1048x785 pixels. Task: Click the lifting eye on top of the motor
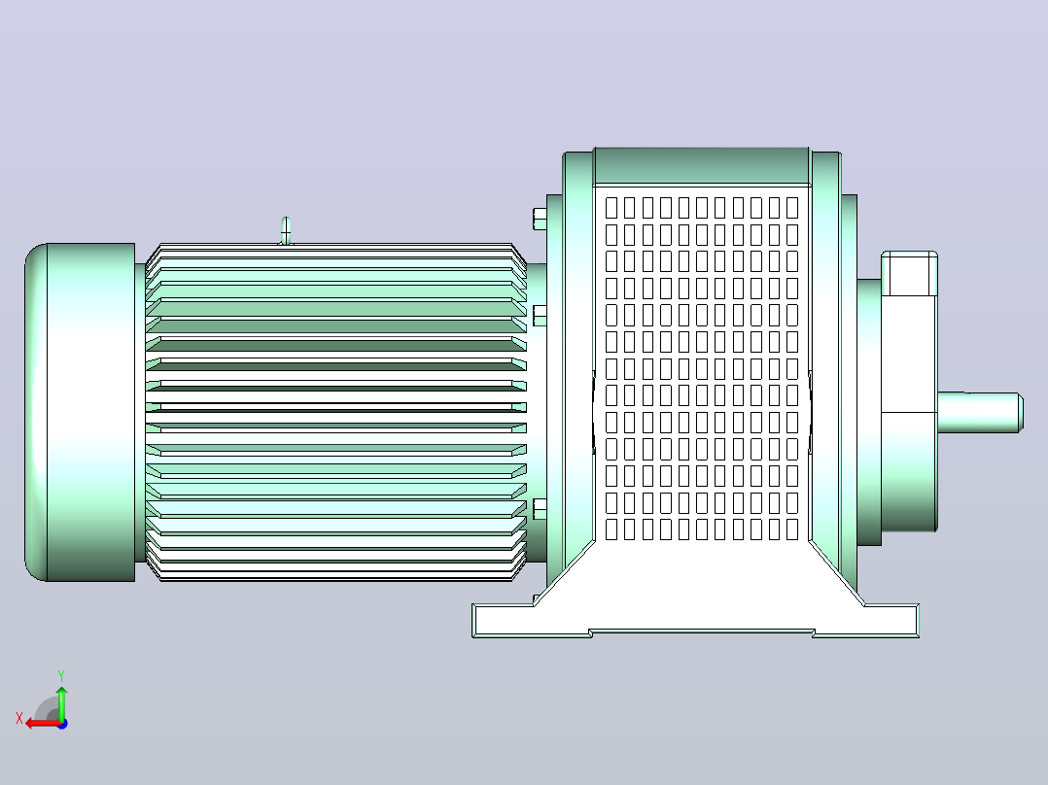[286, 230]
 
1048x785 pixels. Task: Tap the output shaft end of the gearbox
[980, 412]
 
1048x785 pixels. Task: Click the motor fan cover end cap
[80, 412]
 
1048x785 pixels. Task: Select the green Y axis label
[61, 675]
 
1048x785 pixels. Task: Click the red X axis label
[19, 718]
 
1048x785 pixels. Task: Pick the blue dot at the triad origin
[62, 724]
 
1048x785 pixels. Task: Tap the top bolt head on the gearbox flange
[540, 219]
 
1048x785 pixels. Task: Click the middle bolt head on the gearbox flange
[540, 316]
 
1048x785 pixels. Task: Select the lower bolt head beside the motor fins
[540, 509]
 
